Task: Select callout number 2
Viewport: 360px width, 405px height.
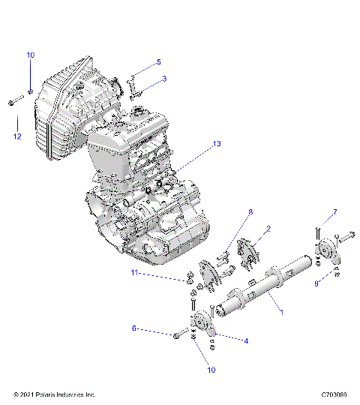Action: coord(268,228)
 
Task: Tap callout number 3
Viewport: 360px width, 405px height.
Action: coord(164,79)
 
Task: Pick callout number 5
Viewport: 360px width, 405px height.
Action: coord(158,61)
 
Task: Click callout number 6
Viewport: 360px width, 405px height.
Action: coord(134,328)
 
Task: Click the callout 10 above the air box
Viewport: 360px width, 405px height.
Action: coord(31,55)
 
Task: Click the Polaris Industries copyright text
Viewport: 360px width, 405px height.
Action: coord(55,394)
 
